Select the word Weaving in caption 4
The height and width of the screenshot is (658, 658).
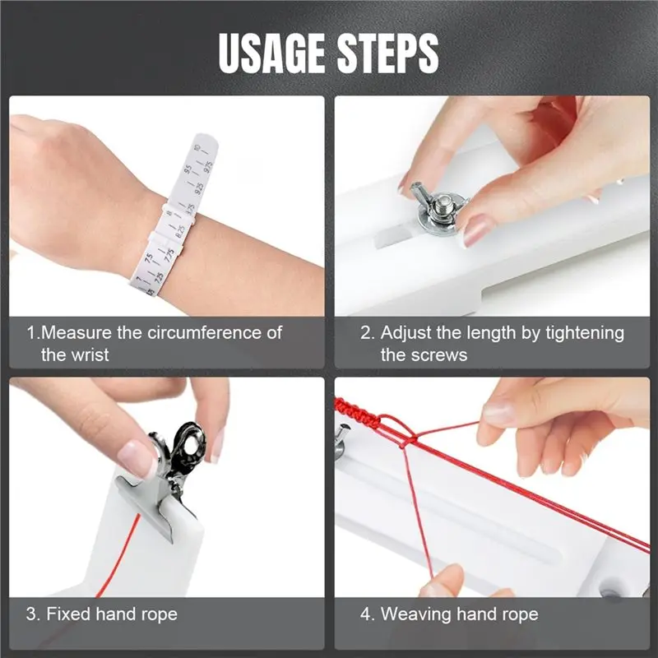(415, 614)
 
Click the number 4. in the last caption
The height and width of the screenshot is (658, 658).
(368, 614)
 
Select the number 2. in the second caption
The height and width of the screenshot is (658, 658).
(368, 333)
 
